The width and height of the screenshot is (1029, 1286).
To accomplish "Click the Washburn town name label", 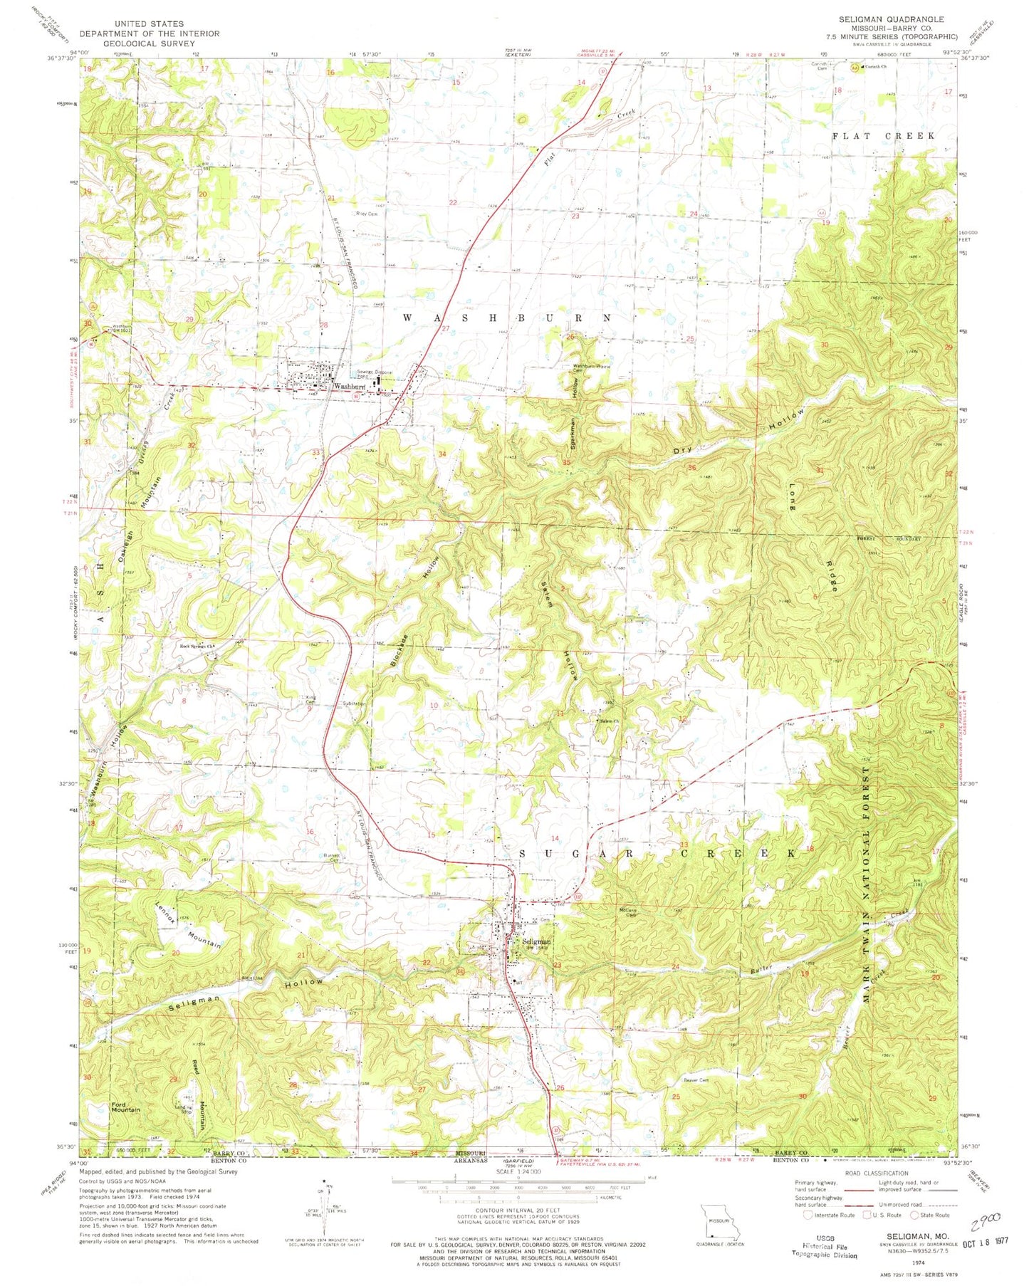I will point(350,386).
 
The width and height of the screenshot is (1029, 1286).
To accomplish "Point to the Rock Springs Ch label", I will point(197,647).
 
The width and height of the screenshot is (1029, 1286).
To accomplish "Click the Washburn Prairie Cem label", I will point(588,368).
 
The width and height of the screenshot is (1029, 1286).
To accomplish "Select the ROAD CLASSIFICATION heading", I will point(873,1173).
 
